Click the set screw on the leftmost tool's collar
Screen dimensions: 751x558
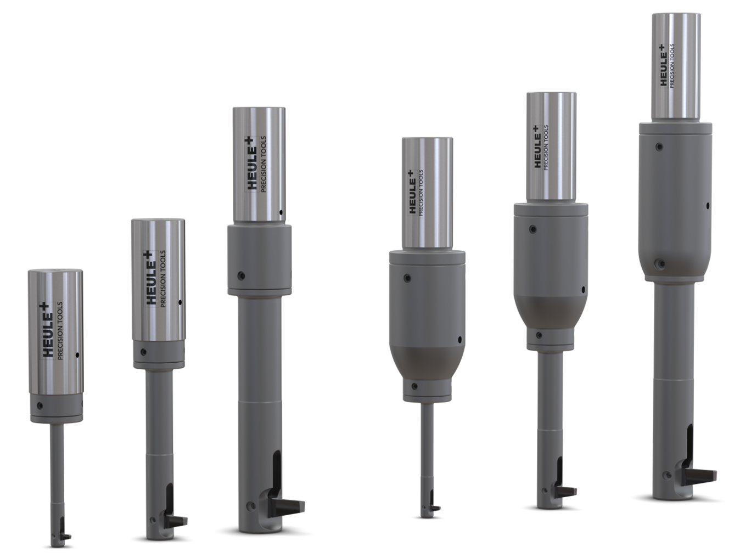click(x=40, y=405)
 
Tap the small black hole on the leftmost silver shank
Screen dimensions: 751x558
click(x=77, y=356)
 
